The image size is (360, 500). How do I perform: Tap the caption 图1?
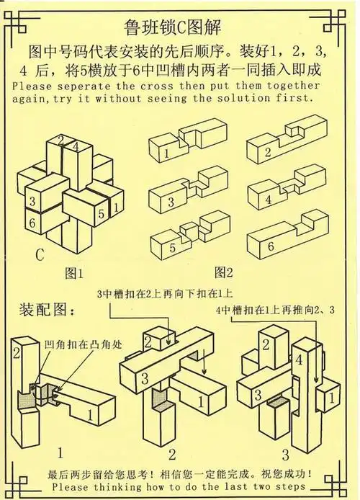pyautogui.click(x=75, y=273)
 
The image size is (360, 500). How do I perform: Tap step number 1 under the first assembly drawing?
pyautogui.click(x=60, y=454)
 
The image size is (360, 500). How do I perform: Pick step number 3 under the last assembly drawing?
pyautogui.click(x=285, y=455)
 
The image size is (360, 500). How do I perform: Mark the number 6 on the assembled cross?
pyautogui.click(x=32, y=223)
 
